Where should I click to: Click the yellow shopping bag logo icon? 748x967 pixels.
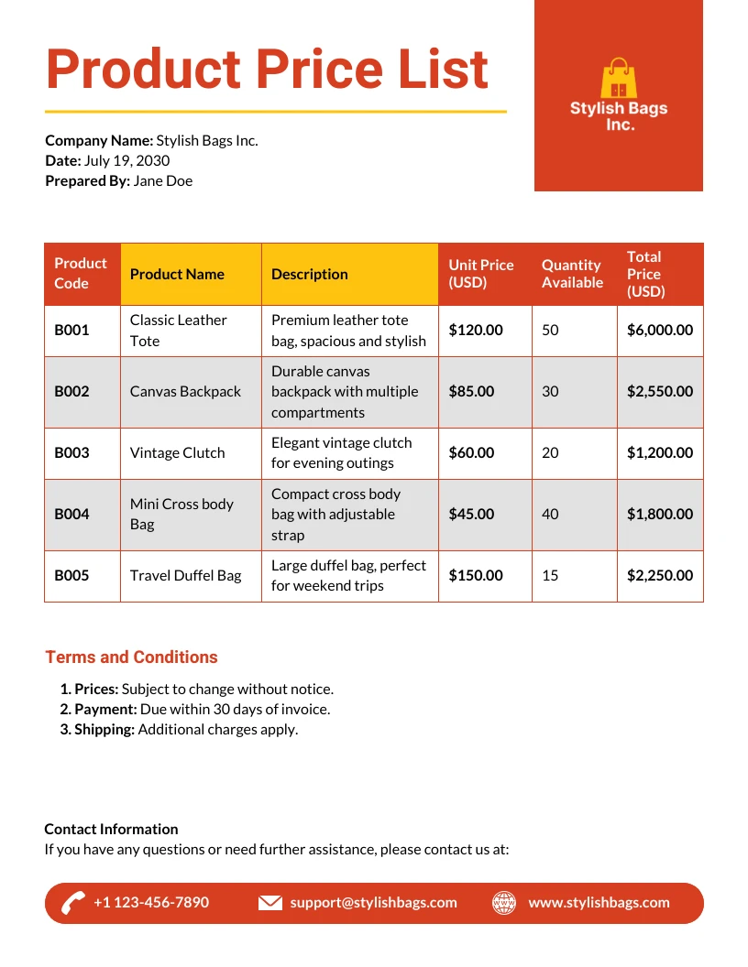tap(619, 80)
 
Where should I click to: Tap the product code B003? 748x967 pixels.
tap(71, 452)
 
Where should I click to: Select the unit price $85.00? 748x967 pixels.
tap(471, 391)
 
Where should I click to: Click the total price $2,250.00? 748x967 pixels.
tap(660, 575)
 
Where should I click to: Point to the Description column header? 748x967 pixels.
tap(310, 274)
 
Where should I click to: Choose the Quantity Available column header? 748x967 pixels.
tap(572, 274)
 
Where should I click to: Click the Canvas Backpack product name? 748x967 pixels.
tap(185, 391)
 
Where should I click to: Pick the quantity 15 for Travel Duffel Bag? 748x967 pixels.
tap(550, 575)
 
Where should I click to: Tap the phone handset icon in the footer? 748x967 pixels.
tap(73, 903)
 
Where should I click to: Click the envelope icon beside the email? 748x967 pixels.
tap(269, 903)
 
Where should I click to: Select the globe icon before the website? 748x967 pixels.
tap(504, 903)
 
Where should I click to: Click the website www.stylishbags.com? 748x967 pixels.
tap(599, 902)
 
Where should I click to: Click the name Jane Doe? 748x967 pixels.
tap(163, 181)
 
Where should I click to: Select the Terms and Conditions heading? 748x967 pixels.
tap(131, 657)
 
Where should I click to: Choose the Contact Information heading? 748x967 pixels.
tap(111, 829)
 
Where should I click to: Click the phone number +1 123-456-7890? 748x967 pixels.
tap(151, 902)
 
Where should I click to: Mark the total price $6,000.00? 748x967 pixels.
tap(660, 330)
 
